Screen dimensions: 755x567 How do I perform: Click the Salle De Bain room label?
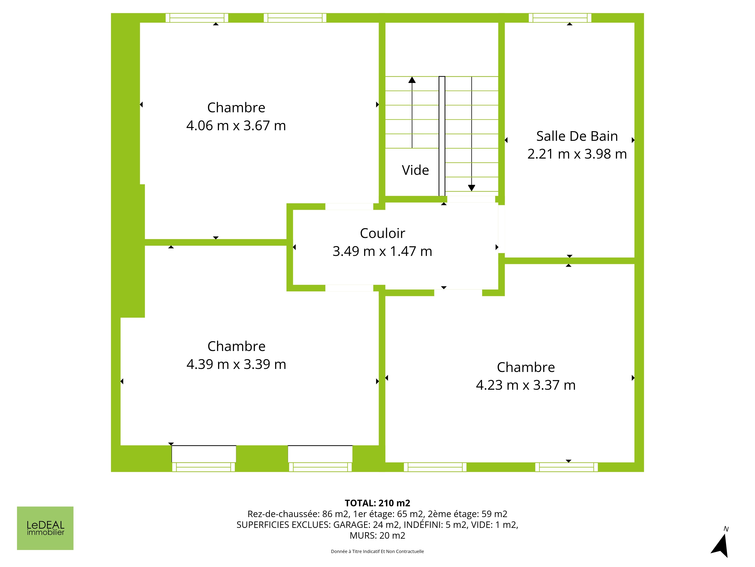(577, 136)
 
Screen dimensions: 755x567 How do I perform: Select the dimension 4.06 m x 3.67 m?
(236, 125)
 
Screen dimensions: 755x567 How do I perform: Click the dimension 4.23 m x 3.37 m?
(526, 385)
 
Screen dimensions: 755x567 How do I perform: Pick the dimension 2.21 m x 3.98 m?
(577, 154)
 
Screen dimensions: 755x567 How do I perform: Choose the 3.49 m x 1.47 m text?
(382, 251)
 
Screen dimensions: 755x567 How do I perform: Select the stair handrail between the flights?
(442, 136)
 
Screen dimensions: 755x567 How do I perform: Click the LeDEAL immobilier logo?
(45, 528)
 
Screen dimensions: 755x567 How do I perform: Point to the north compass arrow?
(721, 545)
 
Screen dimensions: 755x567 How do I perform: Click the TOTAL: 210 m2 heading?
(377, 503)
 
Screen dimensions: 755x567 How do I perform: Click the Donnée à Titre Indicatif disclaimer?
(377, 551)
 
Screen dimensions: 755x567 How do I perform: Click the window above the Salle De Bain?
(560, 18)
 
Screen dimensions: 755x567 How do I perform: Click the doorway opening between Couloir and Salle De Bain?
(501, 229)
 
